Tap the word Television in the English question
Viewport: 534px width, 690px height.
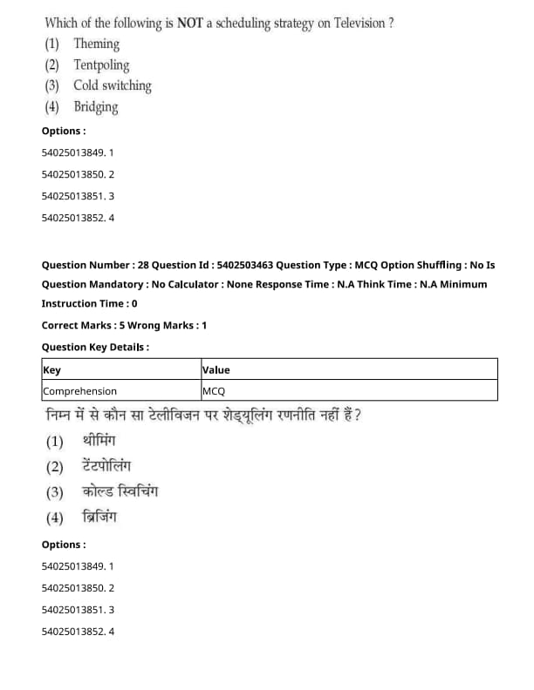[354, 23]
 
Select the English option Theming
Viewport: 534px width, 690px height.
[97, 44]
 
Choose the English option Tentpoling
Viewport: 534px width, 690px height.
[101, 64]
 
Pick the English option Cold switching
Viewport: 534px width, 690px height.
[113, 85]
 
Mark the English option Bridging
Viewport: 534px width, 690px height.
[96, 107]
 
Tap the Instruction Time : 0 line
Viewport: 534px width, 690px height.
[89, 303]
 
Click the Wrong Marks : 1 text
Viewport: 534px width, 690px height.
[170, 325]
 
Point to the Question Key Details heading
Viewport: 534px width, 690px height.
[95, 347]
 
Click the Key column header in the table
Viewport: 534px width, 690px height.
[52, 369]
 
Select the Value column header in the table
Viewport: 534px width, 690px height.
[216, 369]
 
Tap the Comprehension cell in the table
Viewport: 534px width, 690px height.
[79, 391]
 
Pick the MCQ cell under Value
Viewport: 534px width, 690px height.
[214, 391]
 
